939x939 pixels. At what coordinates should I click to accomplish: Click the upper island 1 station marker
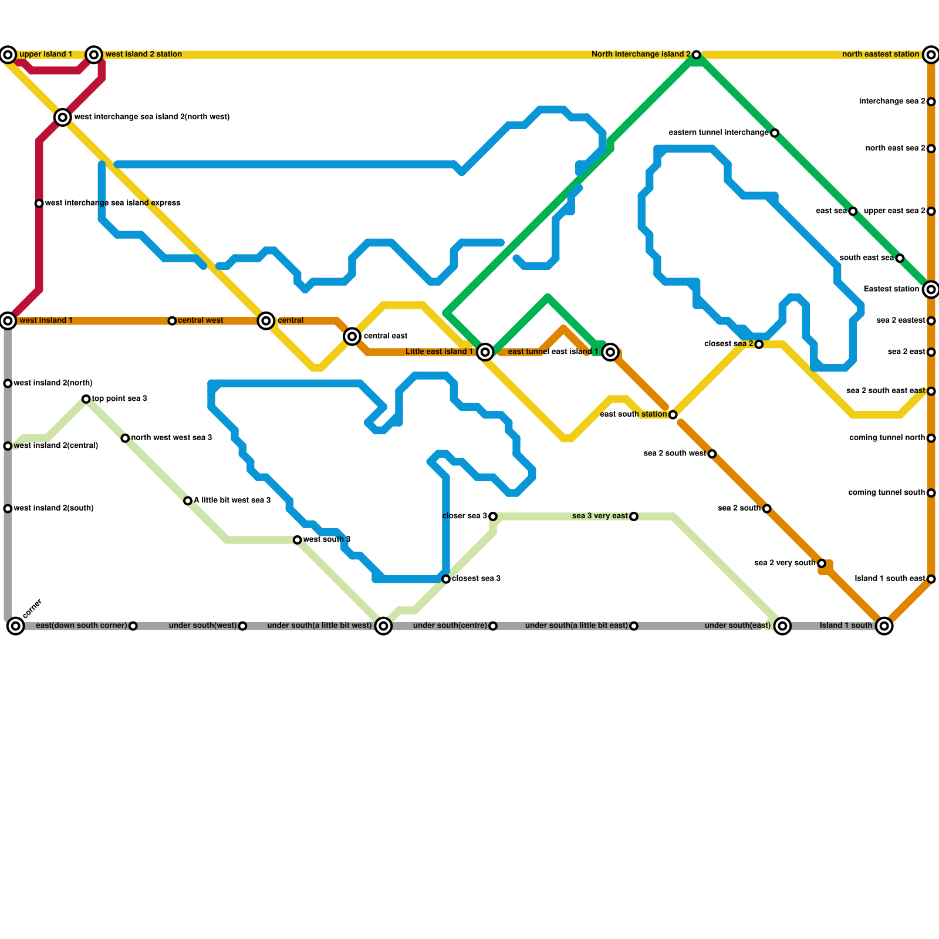8,55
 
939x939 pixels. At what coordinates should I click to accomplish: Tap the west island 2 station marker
94,55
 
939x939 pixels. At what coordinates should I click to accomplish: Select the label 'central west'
200,320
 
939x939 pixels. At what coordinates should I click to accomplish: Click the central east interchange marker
352,336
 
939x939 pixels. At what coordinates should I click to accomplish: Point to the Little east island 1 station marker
485,352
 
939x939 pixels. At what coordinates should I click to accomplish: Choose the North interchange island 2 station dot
696,55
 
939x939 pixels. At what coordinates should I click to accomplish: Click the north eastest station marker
931,55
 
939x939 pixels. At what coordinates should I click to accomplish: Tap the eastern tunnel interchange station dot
775,133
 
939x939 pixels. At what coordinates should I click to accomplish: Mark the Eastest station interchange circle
931,289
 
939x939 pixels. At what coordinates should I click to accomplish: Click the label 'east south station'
633,414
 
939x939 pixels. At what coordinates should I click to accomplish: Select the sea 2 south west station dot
712,454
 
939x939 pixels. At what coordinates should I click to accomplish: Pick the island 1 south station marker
884,626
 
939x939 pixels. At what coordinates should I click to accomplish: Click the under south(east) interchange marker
782,626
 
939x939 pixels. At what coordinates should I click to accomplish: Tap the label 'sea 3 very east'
600,516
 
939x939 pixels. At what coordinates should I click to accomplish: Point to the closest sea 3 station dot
446,579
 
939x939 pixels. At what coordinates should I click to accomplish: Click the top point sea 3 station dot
86,399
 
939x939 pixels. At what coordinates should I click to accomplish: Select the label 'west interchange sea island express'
113,203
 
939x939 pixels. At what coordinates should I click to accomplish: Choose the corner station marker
16,626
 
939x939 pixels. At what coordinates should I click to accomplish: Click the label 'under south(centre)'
450,626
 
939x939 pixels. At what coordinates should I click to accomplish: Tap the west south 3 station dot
298,540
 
